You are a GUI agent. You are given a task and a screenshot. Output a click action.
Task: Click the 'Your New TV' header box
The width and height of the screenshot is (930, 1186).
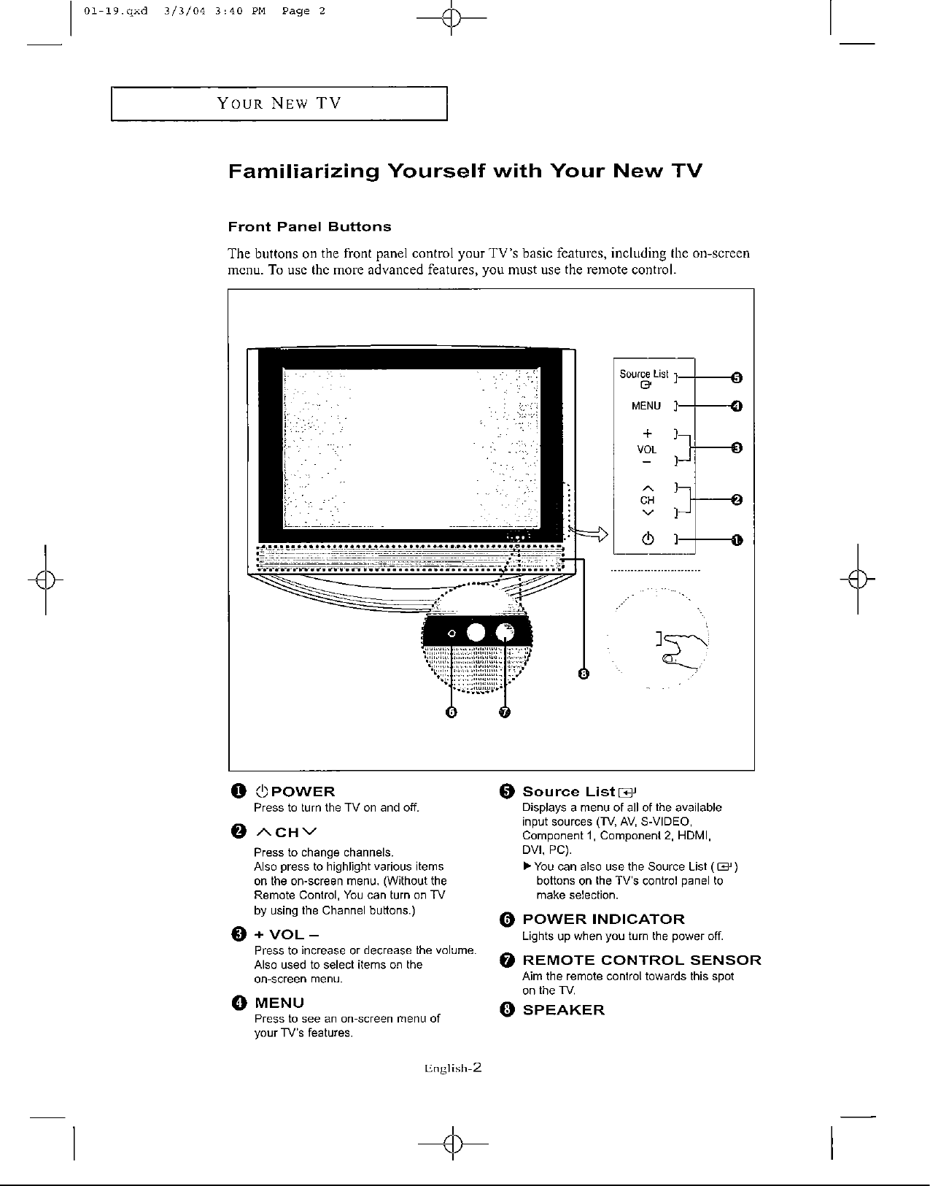279,103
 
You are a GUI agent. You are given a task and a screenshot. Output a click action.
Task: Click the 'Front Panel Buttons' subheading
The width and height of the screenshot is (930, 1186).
309,227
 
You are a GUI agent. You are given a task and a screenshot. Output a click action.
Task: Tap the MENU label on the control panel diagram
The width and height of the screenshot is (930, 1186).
646,406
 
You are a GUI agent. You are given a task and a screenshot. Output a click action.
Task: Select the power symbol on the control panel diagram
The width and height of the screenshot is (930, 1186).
646,540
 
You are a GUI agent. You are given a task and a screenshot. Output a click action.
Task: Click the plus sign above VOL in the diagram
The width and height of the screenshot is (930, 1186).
646,434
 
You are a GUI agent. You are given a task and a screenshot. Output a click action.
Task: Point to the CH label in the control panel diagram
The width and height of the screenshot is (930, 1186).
647,500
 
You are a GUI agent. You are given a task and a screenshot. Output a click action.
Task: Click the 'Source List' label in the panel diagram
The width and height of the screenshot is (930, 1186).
644,374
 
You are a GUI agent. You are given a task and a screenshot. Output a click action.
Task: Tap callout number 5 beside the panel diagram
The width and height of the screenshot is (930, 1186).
737,377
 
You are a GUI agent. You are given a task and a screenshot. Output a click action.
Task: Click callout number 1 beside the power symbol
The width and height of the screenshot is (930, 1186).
737,540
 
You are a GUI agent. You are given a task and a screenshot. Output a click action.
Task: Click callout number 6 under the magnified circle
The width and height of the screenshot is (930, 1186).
452,712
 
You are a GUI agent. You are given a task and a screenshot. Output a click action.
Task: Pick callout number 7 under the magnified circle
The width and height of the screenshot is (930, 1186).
505,712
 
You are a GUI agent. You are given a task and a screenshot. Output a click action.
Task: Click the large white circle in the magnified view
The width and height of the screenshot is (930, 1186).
476,633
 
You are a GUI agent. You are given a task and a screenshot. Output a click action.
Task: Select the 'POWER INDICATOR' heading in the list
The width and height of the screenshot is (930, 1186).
604,919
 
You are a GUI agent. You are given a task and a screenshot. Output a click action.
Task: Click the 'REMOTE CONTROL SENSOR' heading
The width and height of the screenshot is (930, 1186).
642,960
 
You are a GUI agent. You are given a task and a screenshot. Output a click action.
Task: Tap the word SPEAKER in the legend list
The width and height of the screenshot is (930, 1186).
564,1010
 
